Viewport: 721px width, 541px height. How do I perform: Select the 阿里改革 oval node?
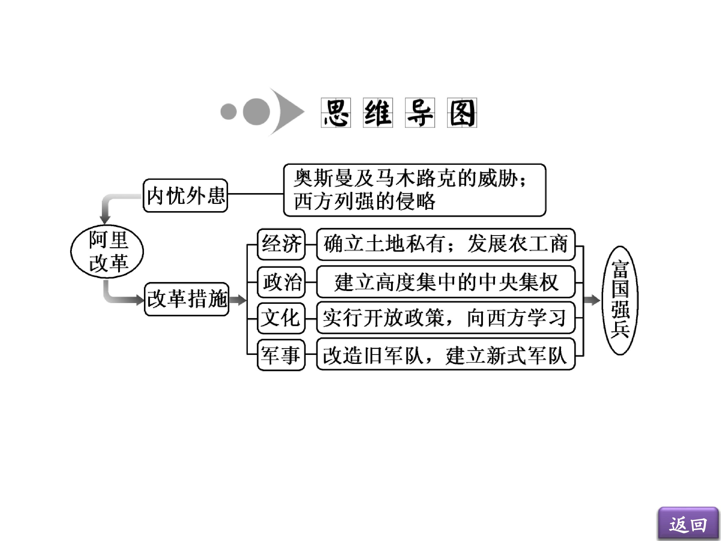tap(107, 251)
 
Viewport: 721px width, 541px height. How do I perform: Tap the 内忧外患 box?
tap(186, 195)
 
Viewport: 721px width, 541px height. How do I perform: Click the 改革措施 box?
tap(187, 299)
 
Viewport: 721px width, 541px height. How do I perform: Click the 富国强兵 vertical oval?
tap(620, 300)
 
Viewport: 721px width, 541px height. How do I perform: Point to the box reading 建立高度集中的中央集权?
tap(446, 282)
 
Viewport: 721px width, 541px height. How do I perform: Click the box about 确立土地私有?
tap(446, 244)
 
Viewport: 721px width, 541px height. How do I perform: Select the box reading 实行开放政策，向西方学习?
tap(446, 318)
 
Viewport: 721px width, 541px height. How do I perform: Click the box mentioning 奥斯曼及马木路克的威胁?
tap(415, 190)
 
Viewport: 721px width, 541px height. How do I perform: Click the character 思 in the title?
tap(336, 112)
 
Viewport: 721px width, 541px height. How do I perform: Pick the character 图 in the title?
tap(462, 112)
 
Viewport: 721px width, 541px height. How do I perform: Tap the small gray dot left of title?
tap(229, 111)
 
